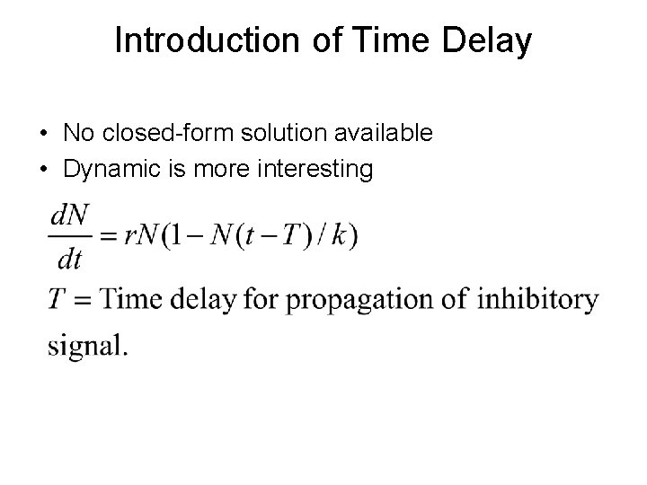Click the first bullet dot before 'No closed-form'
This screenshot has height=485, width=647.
click(43, 134)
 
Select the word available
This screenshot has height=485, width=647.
click(383, 134)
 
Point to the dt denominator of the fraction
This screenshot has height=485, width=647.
click(68, 260)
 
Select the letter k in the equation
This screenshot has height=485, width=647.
click(338, 236)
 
